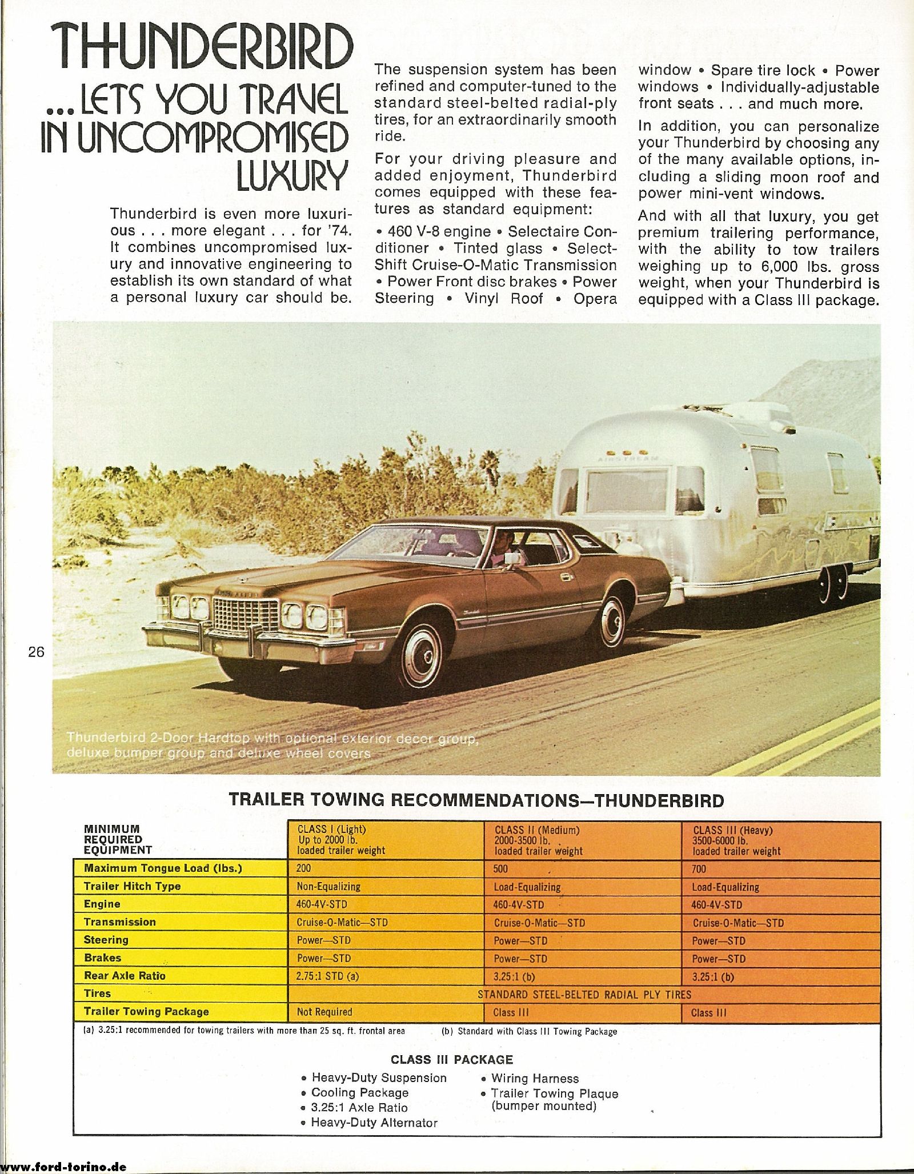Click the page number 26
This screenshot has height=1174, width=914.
[x=36, y=652]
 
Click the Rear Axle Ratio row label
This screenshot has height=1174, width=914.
[x=125, y=976]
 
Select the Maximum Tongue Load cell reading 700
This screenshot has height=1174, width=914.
[x=699, y=869]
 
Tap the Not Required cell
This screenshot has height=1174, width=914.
[x=324, y=1012]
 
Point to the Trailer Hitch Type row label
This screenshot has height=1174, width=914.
[x=132, y=886]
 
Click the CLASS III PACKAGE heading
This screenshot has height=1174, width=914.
[x=451, y=1060]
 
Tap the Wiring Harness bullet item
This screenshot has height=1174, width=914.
[x=535, y=1079]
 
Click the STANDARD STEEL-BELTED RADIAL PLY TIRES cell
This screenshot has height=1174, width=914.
[x=584, y=995]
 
